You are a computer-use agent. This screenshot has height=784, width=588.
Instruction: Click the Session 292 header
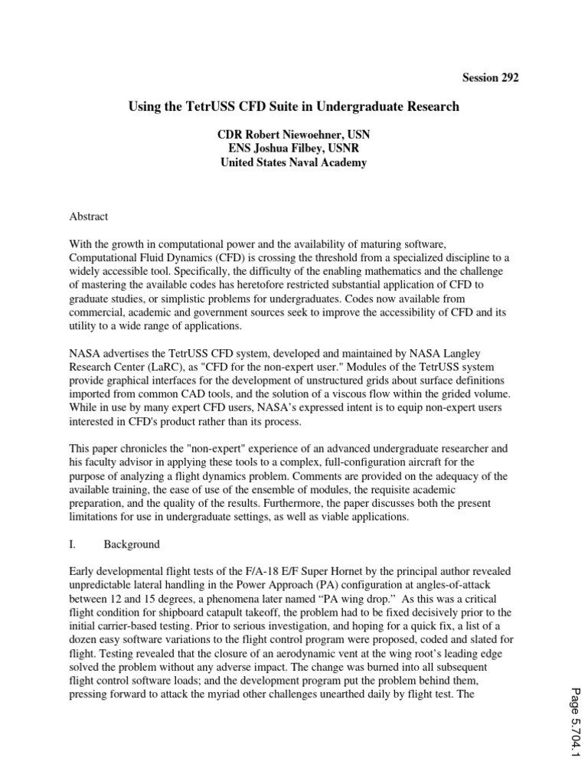point(491,77)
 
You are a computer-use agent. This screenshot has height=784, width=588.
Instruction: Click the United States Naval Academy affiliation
point(294,162)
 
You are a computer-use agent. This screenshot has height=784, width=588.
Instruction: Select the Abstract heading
point(89,217)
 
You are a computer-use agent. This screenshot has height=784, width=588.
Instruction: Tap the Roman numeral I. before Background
point(73,544)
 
